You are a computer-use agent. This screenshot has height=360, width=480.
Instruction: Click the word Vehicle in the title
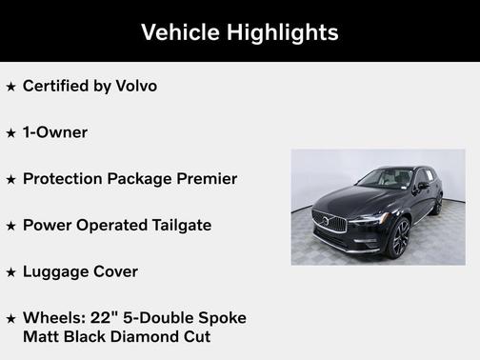pyautogui.click(x=182, y=32)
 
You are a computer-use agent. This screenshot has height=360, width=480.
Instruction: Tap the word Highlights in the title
pyautogui.click(x=283, y=32)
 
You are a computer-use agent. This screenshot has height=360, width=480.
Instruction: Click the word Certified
pyautogui.click(x=55, y=86)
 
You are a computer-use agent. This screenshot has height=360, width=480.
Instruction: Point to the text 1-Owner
pyautogui.click(x=55, y=132)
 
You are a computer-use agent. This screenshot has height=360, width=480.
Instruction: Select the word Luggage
pyautogui.click(x=56, y=272)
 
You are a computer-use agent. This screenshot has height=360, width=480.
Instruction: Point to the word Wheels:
pyautogui.click(x=52, y=318)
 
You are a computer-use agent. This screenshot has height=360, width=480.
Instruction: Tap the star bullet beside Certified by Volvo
pyautogui.click(x=11, y=87)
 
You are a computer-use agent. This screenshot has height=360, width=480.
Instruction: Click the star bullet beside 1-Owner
pyautogui.click(x=11, y=133)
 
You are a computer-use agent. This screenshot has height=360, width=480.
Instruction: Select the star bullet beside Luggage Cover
pyautogui.click(x=11, y=273)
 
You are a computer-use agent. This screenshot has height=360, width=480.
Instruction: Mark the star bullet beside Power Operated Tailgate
pyautogui.click(x=11, y=227)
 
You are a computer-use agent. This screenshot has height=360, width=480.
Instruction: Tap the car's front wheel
pyautogui.click(x=397, y=237)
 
